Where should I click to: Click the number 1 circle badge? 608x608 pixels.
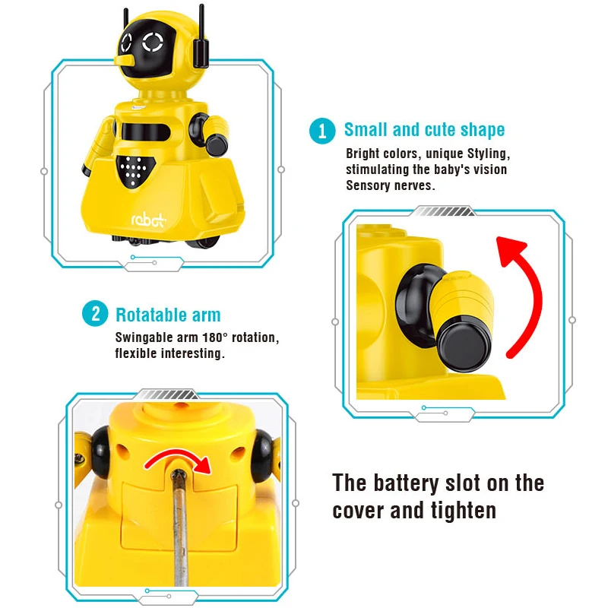click(322, 131)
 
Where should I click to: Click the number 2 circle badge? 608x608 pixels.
click(95, 313)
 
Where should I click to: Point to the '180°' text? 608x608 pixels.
click(214, 337)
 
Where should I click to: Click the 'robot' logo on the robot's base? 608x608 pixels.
click(148, 220)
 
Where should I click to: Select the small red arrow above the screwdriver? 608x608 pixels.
click(179, 458)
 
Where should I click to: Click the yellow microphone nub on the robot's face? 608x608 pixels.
click(125, 60)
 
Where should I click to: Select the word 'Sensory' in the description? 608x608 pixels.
click(368, 185)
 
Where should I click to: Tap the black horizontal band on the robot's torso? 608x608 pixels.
click(146, 131)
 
